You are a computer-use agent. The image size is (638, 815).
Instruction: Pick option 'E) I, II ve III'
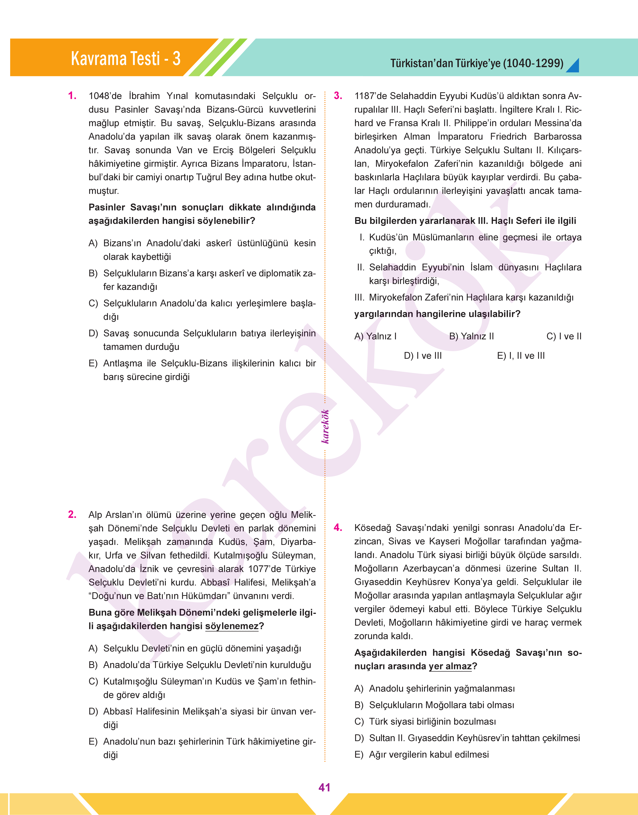(521, 356)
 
